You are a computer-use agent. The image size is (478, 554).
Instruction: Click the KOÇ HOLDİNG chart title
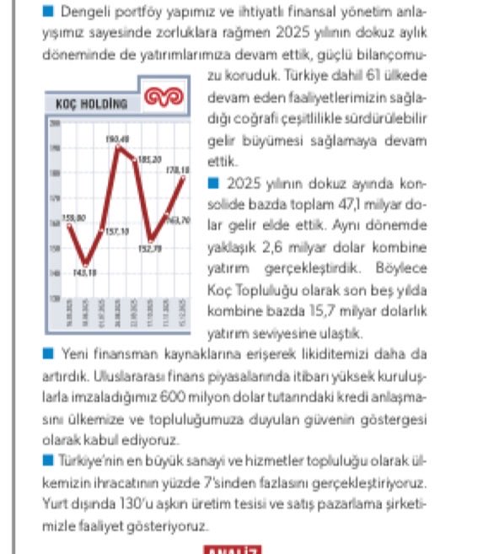(x=91, y=105)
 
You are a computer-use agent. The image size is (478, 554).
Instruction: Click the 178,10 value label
(x=176, y=170)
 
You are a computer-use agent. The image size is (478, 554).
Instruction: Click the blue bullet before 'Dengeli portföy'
(x=46, y=13)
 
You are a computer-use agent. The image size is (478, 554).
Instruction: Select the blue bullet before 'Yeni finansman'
(x=47, y=352)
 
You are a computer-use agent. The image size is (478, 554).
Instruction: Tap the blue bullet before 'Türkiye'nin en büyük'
(x=46, y=459)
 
